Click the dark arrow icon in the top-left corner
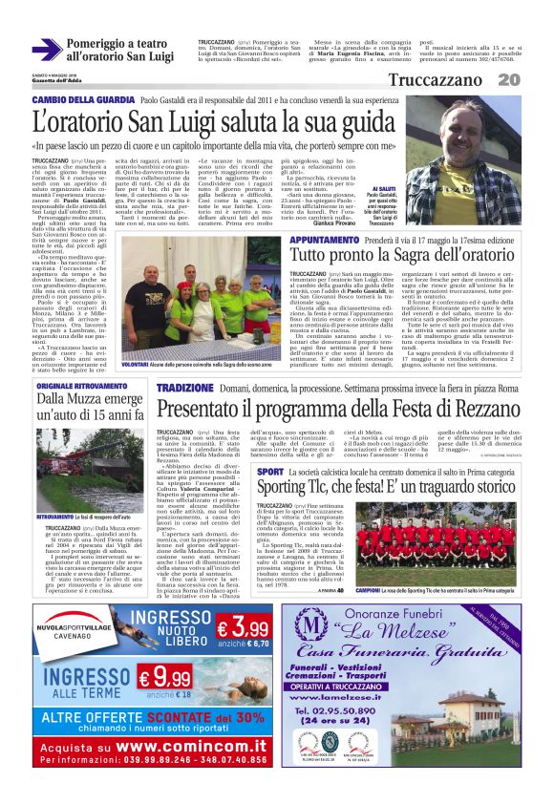[x=46, y=50]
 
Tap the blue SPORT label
[x=270, y=473]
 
